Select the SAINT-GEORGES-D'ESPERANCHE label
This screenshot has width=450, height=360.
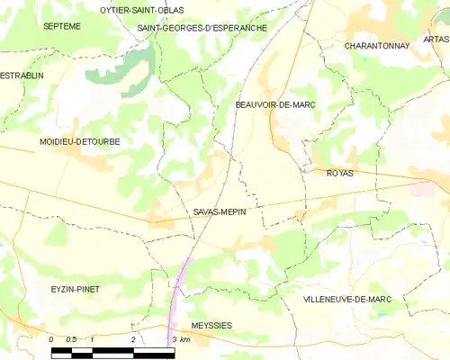click(202, 28)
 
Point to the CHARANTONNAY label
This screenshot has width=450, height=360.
click(376, 45)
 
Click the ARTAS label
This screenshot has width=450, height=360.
click(436, 40)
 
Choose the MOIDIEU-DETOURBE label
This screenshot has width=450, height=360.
click(79, 142)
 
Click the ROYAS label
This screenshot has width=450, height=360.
click(340, 172)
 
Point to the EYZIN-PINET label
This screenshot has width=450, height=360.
click(75, 289)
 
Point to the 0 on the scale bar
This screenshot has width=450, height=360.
click(51, 339)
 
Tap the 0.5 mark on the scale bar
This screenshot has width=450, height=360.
click(72, 339)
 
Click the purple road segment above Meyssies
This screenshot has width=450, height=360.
click(181, 288)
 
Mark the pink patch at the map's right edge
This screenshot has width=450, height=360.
click(423, 188)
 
